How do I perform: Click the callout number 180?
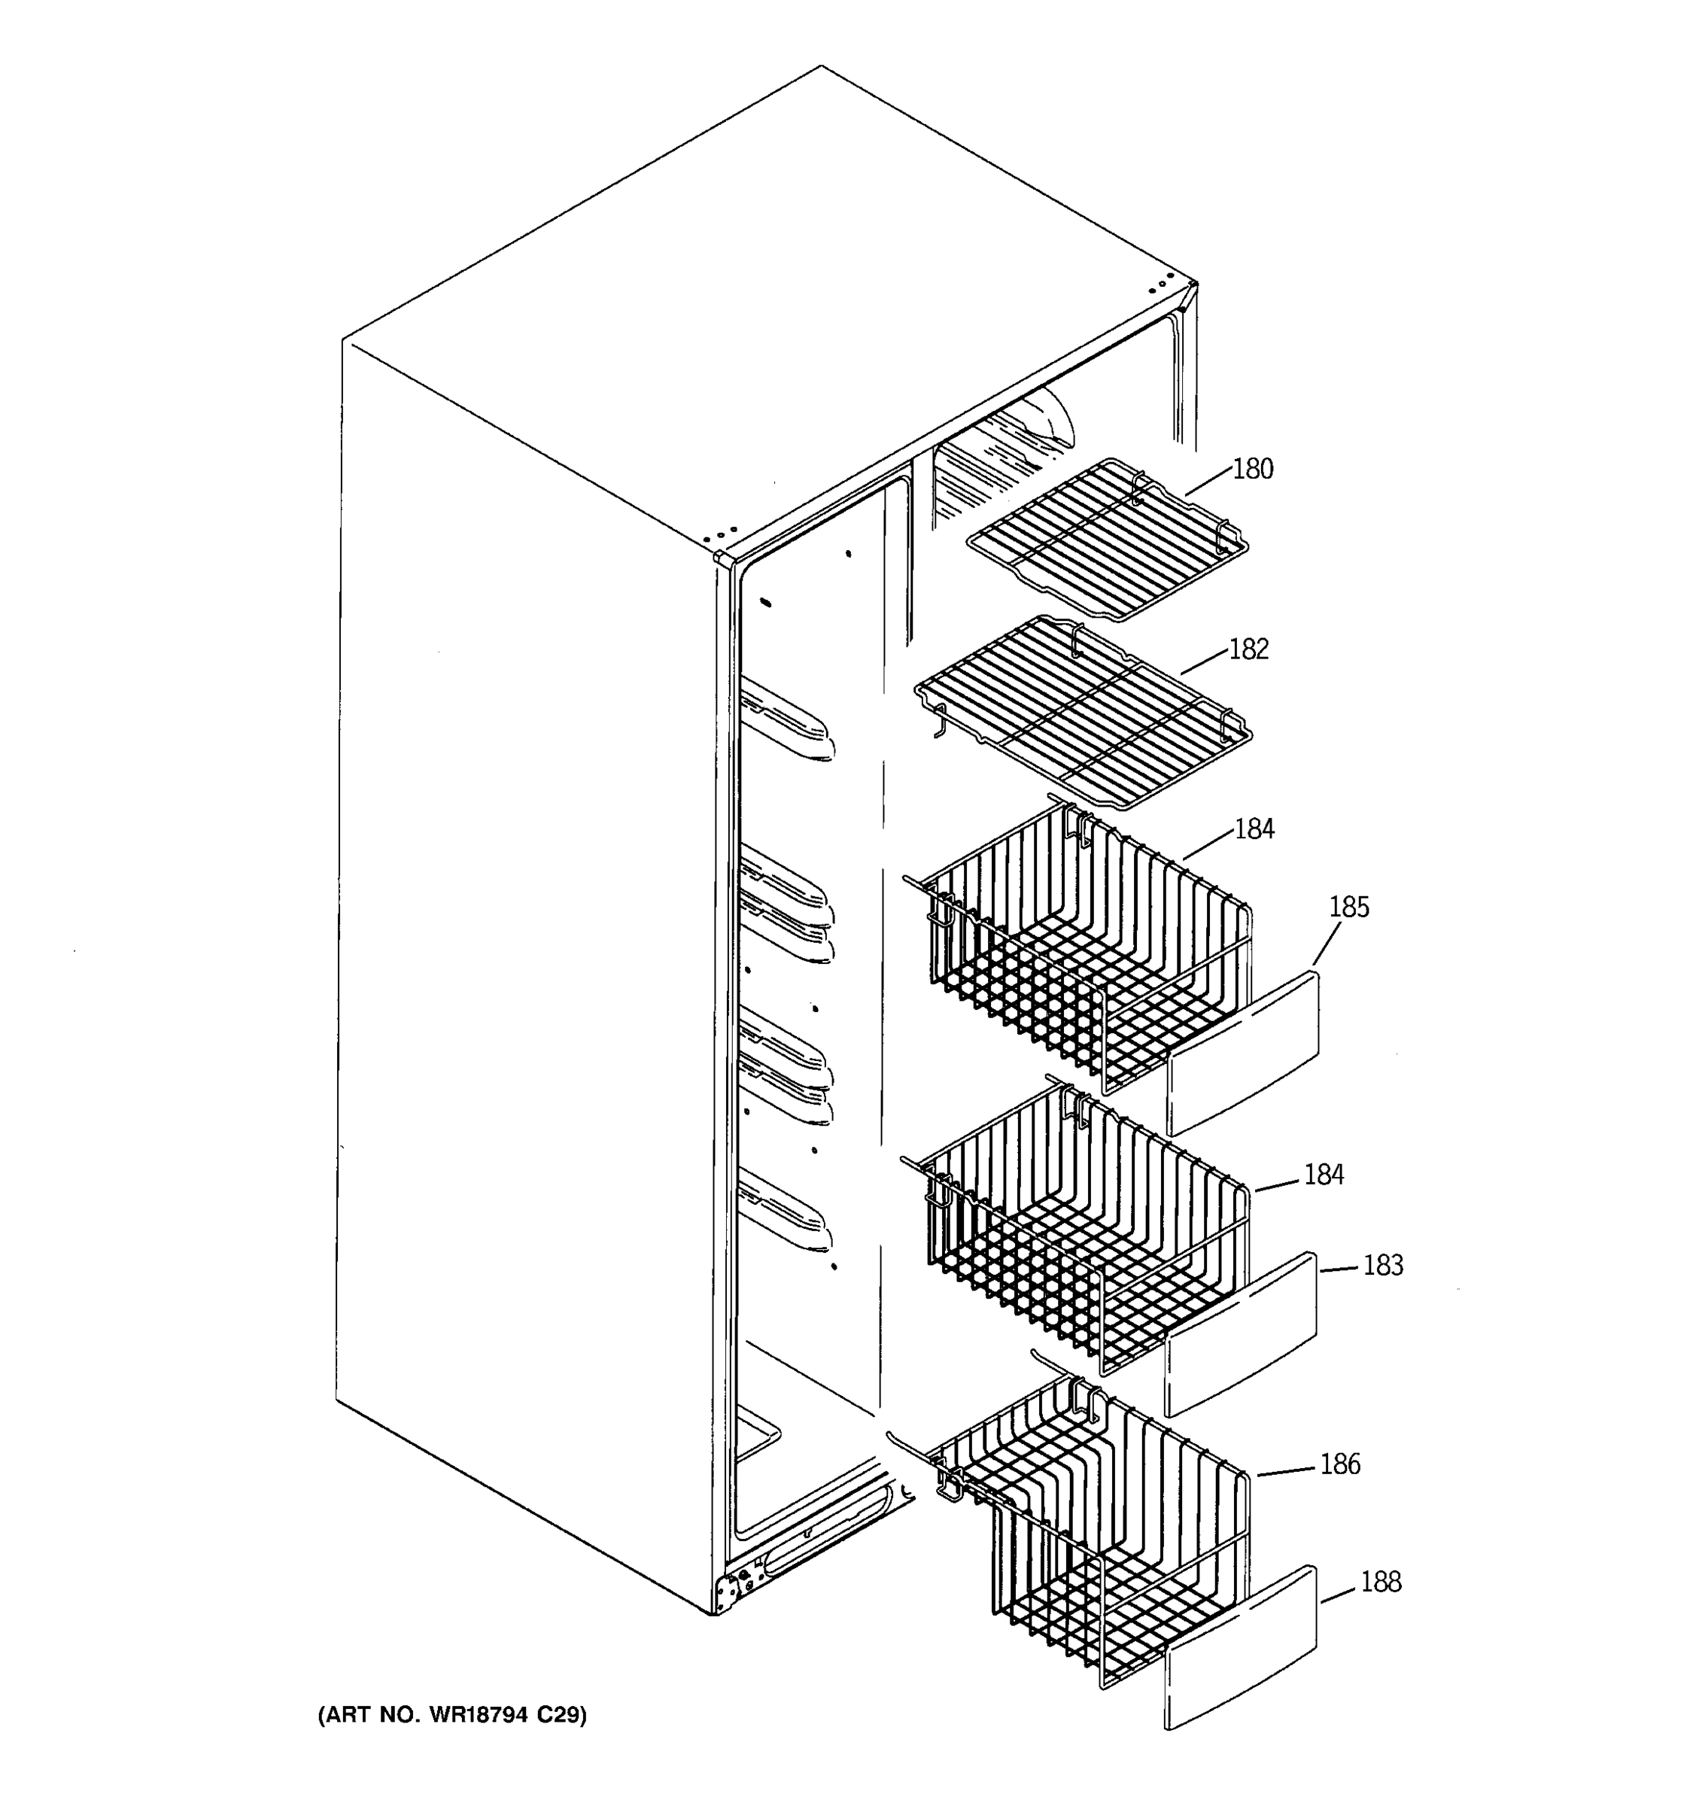tap(1253, 469)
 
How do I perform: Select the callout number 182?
tap(1248, 649)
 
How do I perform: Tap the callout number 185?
tap(1349, 907)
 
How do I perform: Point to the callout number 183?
tap(1382, 1264)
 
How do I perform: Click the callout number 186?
tap(1339, 1464)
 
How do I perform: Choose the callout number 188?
tap(1381, 1582)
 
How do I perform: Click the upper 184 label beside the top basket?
tap(1254, 829)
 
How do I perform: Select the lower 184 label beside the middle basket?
tap(1324, 1175)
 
